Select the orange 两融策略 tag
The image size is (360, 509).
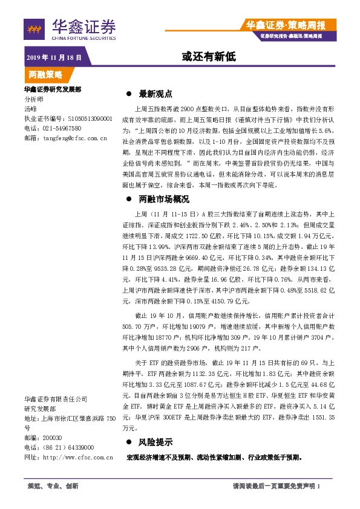45,74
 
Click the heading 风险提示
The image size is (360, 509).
155,443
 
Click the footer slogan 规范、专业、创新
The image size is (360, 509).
53,486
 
